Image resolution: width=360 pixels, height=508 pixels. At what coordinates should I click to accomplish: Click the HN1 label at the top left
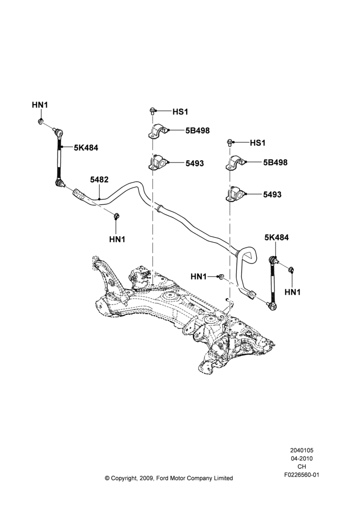click(40, 105)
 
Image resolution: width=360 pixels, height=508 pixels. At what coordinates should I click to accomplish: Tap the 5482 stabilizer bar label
click(99, 179)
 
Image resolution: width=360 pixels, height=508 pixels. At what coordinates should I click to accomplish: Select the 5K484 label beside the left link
click(86, 148)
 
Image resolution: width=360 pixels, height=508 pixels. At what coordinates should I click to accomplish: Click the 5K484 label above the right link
click(276, 237)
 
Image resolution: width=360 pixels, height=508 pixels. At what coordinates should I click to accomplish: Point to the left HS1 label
click(180, 112)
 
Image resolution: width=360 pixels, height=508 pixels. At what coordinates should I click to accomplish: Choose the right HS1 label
click(257, 143)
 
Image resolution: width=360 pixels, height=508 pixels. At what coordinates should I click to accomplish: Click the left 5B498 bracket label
click(197, 131)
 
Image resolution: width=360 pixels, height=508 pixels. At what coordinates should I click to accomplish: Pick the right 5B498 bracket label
click(276, 163)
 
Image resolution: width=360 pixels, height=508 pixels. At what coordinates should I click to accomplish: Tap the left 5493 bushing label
click(195, 163)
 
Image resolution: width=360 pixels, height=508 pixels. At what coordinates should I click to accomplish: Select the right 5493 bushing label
click(272, 195)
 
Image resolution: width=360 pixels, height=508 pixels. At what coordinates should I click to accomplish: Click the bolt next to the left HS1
click(152, 111)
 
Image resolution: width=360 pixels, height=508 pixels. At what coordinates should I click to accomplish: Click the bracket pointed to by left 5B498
click(157, 131)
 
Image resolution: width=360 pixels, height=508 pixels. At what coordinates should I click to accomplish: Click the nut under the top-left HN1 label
click(41, 122)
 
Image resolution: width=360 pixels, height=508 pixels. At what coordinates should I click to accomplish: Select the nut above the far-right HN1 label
click(291, 269)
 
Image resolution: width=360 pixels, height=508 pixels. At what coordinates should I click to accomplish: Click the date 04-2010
click(302, 458)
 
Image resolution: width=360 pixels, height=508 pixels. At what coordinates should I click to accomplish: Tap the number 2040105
click(302, 450)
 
